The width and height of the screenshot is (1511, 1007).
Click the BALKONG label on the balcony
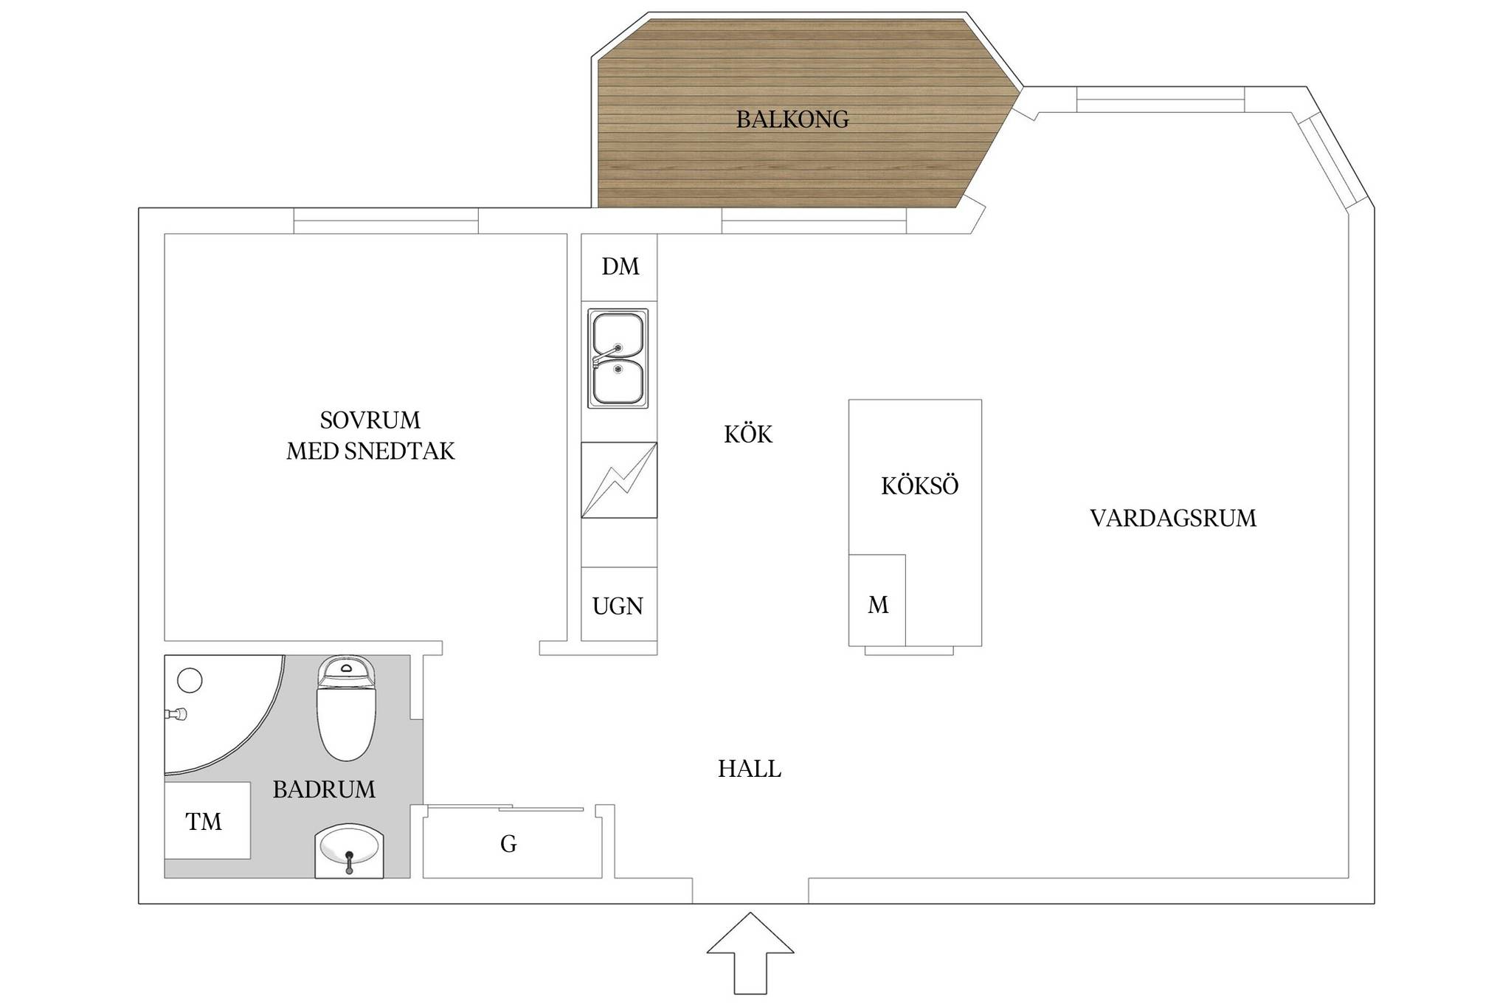[x=792, y=119]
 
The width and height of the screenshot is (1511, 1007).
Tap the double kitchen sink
[x=618, y=359]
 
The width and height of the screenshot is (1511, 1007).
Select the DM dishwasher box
[x=619, y=267]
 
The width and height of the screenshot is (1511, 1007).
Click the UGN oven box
[x=619, y=604]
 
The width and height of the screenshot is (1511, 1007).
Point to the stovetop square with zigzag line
[x=619, y=480]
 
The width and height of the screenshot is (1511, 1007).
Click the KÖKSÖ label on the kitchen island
[x=920, y=486]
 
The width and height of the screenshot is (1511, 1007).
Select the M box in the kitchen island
[x=877, y=601]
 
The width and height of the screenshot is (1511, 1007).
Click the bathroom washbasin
[x=350, y=851]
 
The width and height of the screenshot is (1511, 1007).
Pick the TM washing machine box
[x=207, y=820]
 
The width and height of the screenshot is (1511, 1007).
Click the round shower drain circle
[x=190, y=679]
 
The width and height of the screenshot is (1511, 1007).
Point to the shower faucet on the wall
[x=176, y=714]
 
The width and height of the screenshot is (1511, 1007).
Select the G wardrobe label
[x=508, y=844]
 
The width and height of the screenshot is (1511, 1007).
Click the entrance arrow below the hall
[x=750, y=953]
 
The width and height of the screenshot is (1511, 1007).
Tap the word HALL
[x=750, y=769]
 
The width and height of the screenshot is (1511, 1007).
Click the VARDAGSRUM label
[x=1173, y=518]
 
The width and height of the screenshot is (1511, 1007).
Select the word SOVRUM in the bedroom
[x=370, y=420]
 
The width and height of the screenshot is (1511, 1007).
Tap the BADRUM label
[x=324, y=789]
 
